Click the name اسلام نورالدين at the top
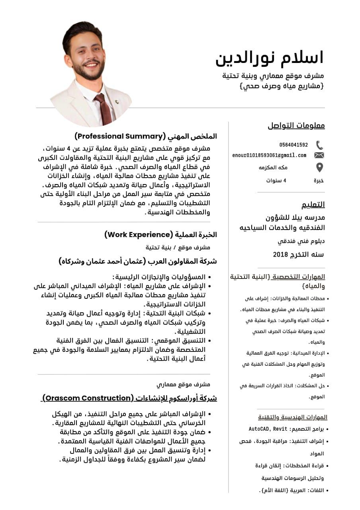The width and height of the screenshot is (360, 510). point(269,58)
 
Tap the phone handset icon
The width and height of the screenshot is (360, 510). point(319,145)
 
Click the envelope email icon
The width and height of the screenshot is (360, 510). point(319,155)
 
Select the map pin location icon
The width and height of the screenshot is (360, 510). point(319,167)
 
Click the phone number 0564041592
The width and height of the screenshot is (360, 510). point(293,145)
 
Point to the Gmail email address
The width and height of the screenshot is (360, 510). point(269,155)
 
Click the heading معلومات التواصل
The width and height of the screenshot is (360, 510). point(296,126)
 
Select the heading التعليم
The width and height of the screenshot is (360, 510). point(313,205)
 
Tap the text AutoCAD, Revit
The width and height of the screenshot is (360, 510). point(263,429)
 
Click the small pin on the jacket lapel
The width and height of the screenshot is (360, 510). point(117,102)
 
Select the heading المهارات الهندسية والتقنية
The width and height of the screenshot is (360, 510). point(293,417)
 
